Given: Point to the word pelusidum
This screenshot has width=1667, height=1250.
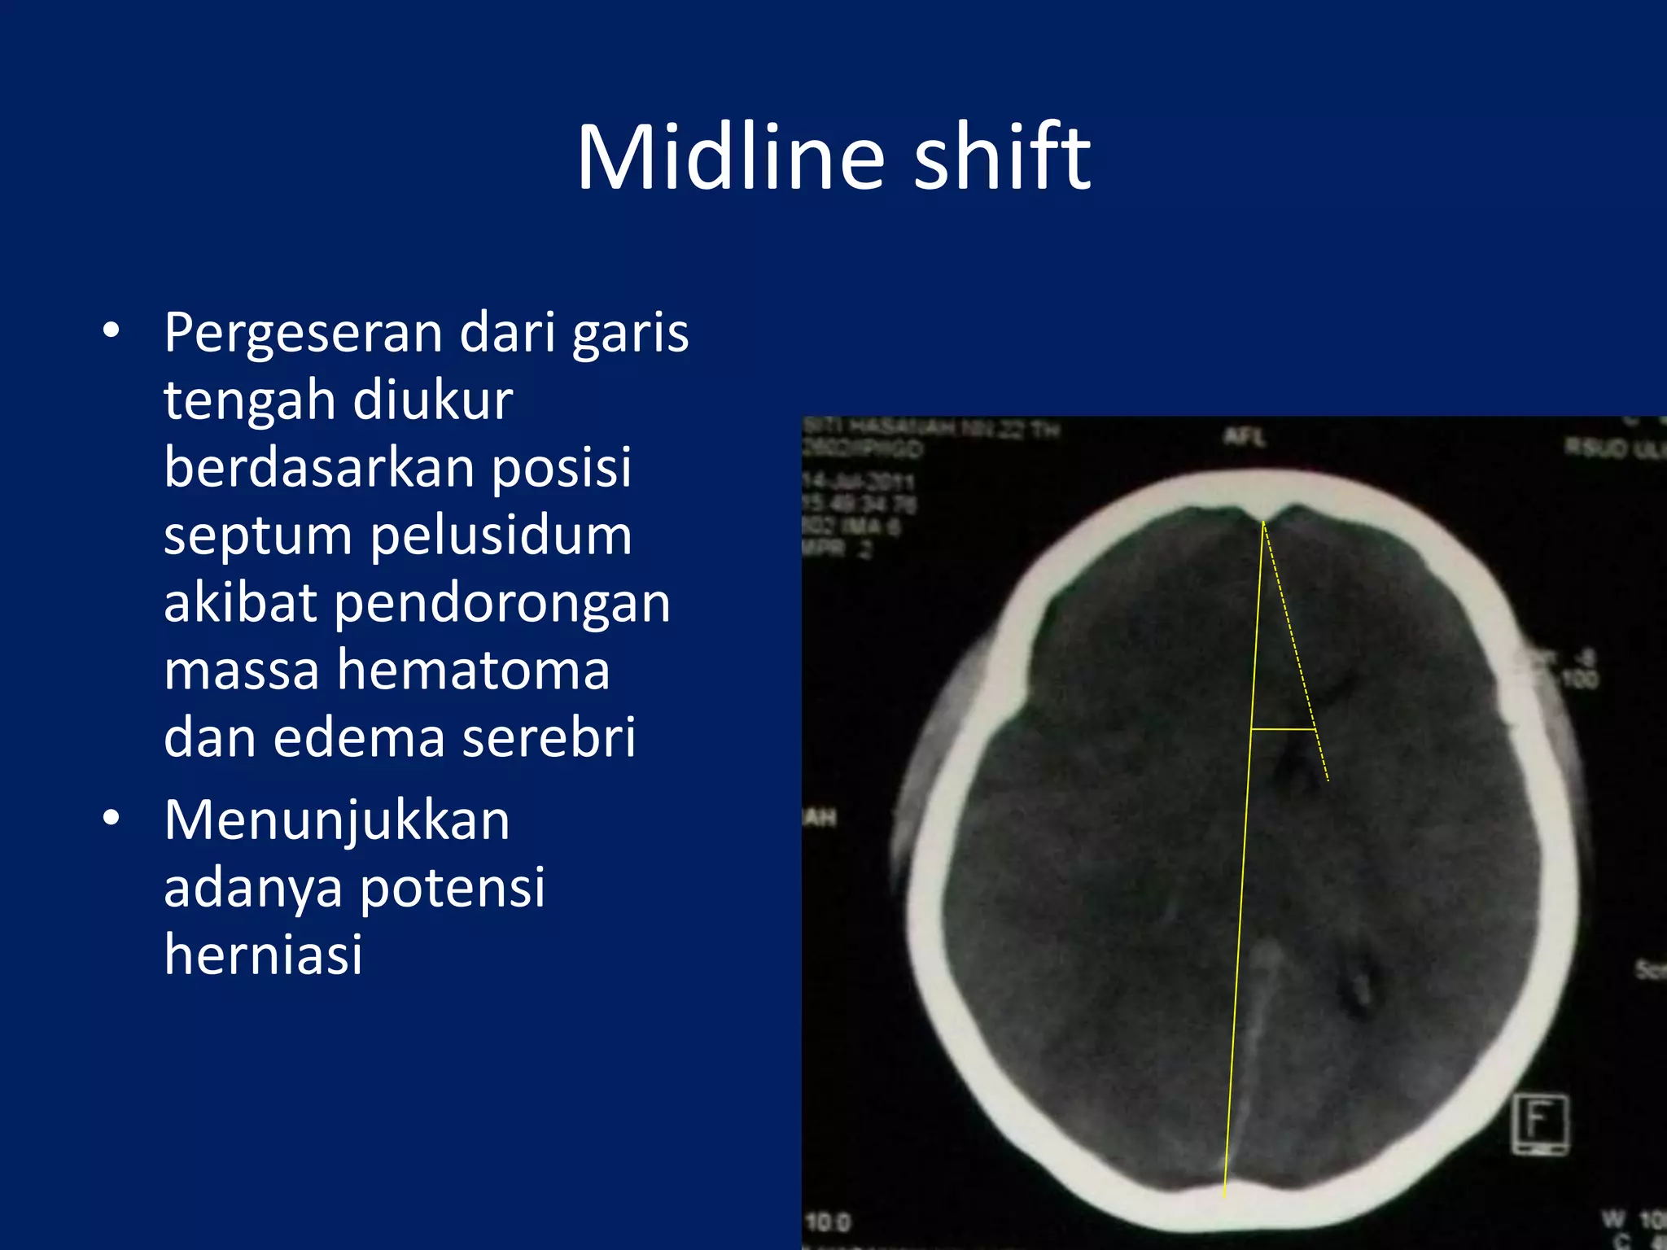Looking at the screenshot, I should click(501, 537).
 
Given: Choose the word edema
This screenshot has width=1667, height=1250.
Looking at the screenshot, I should click(358, 738).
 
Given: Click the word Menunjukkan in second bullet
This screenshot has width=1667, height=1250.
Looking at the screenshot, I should click(336, 819).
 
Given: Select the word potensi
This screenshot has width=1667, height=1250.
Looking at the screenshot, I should click(452, 887).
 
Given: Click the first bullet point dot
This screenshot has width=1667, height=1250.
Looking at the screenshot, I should click(112, 331).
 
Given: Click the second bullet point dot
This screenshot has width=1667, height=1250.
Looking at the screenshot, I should click(112, 818).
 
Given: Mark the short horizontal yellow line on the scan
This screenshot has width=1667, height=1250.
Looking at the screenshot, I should click(1283, 730).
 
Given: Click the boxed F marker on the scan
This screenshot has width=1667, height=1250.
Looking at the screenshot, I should click(1540, 1124).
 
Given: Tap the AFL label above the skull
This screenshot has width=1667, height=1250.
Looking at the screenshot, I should click(1244, 438).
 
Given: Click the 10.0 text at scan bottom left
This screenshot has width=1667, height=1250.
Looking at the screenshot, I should click(827, 1222).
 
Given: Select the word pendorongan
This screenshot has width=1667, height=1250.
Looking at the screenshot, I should click(501, 604).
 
